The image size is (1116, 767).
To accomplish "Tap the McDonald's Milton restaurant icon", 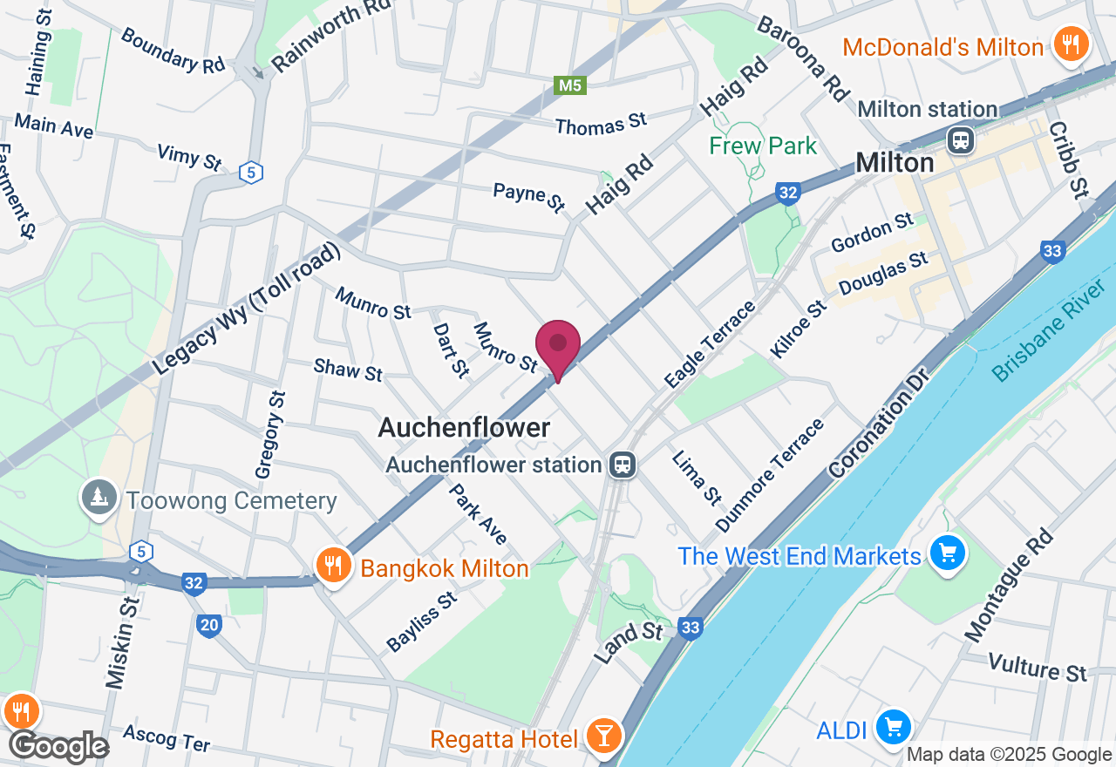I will (1068, 44).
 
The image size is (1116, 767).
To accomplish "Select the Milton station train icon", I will (962, 139).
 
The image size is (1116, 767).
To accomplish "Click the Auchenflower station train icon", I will (622, 464).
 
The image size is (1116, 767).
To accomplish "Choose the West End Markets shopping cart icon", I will (948, 553).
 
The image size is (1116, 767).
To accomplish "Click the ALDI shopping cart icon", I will (893, 726).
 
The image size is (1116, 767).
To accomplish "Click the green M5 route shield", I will (570, 85).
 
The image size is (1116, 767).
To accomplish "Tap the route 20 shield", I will (209, 624).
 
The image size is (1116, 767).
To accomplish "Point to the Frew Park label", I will (763, 146).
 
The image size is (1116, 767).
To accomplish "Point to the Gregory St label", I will (270, 434).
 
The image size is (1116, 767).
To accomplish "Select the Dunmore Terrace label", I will (770, 475).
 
